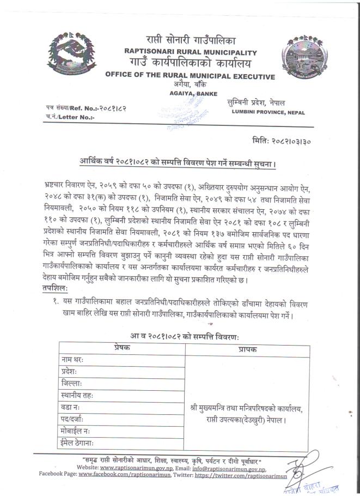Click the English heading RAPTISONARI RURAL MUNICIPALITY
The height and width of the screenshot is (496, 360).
(x=190, y=52)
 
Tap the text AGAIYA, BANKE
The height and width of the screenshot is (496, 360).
(x=190, y=94)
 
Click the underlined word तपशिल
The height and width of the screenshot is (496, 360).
(x=57, y=288)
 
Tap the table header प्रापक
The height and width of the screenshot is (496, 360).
(x=247, y=348)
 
